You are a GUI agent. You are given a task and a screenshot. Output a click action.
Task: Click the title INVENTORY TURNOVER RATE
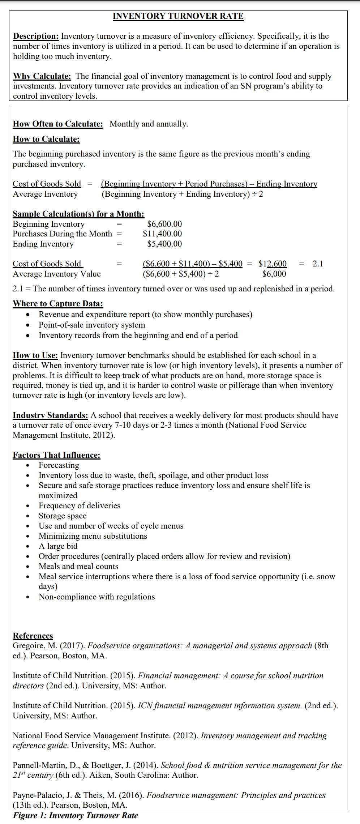pyautogui.click(x=178, y=16)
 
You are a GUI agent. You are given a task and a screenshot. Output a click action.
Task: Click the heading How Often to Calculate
pyautogui.click(x=58, y=124)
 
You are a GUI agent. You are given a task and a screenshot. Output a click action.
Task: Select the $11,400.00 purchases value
pyautogui.click(x=162, y=234)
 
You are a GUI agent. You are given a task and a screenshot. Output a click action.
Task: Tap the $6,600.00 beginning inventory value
pyautogui.click(x=164, y=224)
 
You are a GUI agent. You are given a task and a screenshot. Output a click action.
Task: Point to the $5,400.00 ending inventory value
pyautogui.click(x=164, y=244)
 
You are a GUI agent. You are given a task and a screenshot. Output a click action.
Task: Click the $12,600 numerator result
pyautogui.click(x=273, y=264)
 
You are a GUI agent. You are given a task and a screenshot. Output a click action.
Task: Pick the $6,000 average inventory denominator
pyautogui.click(x=274, y=274)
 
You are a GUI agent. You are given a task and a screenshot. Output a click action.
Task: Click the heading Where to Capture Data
pyautogui.click(x=58, y=304)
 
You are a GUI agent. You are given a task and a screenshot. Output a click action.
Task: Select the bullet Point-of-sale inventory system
pyautogui.click(x=92, y=325)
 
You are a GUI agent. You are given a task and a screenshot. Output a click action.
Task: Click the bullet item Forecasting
pyautogui.click(x=59, y=465)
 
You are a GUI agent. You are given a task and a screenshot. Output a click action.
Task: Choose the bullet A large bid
pyautogui.click(x=58, y=546)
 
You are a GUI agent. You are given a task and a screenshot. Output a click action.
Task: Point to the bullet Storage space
pyautogui.click(x=63, y=516)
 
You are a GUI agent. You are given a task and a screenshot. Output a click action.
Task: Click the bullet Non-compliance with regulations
pyautogui.click(x=97, y=597)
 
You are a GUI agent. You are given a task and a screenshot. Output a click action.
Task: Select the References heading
pyautogui.click(x=33, y=636)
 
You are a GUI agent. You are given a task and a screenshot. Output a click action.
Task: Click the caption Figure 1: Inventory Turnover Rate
pyautogui.click(x=76, y=816)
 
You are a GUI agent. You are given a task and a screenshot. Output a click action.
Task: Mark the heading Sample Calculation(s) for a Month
pyautogui.click(x=78, y=214)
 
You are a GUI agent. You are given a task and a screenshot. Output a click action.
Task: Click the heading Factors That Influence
pyautogui.click(x=56, y=455)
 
